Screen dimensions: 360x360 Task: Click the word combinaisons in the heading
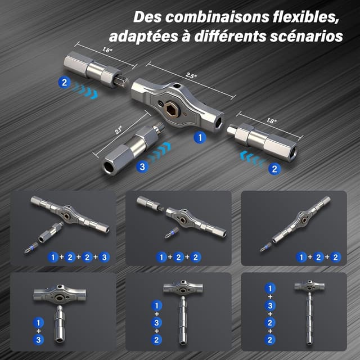(x=217, y=17)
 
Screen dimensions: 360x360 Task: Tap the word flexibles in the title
(x=306, y=17)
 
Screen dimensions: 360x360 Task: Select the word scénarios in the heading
(x=306, y=37)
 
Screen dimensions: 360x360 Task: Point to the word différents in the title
(x=230, y=36)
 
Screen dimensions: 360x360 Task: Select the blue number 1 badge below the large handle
(x=200, y=137)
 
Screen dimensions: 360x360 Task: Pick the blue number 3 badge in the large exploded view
(x=142, y=166)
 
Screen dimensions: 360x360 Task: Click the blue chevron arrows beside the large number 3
(x=159, y=152)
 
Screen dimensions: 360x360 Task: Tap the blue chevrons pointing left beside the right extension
(x=251, y=158)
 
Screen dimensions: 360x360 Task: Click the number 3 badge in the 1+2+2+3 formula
(x=104, y=257)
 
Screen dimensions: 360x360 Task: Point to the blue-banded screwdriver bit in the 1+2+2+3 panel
(x=31, y=247)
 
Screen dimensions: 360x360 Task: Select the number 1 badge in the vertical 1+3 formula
(x=38, y=323)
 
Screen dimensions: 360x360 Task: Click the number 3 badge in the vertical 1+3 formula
(x=38, y=340)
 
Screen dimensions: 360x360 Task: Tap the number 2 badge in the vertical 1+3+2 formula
(x=156, y=340)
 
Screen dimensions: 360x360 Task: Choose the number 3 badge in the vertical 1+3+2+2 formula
(x=270, y=305)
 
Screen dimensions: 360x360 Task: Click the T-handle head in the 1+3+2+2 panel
(x=309, y=286)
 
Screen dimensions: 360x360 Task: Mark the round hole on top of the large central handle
(x=177, y=86)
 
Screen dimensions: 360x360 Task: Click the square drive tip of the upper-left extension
(x=122, y=81)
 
